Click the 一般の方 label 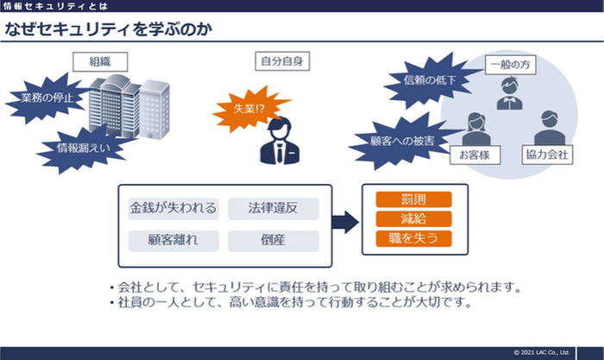coord(508,65)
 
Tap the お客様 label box coord(475,156)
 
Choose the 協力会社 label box coord(548,156)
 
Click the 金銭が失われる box coord(173,208)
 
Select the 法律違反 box coord(274,208)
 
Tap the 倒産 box coord(274,240)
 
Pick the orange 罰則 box coord(413,200)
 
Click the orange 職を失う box coord(413,238)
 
